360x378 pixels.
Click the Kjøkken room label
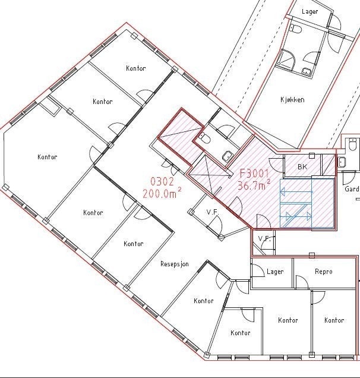point(292,100)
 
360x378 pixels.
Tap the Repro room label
point(324,272)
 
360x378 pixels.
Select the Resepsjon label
point(175,264)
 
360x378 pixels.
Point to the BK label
point(302,167)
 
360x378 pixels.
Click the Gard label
point(352,190)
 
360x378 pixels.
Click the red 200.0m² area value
point(162,193)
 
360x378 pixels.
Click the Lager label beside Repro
point(275,272)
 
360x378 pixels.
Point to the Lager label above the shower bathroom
point(310,11)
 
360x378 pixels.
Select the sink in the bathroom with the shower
point(307,72)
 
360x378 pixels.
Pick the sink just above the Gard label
point(342,162)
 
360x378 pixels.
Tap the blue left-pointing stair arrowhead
point(283,191)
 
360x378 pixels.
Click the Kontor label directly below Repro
point(334,320)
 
